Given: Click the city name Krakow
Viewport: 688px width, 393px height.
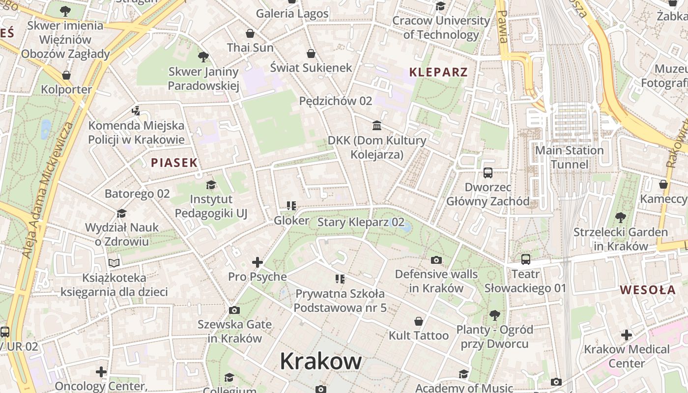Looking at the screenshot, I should pyautogui.click(x=321, y=362).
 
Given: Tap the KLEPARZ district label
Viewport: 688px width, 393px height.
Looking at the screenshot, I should pyautogui.click(x=438, y=72).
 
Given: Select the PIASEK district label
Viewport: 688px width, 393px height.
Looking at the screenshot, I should pyautogui.click(x=174, y=163).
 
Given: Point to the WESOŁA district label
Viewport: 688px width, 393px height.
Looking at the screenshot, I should pyautogui.click(x=648, y=290).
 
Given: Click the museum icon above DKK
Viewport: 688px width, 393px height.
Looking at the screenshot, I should pyautogui.click(x=377, y=125).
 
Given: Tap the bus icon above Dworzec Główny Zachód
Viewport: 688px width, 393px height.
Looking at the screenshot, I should pyautogui.click(x=487, y=172).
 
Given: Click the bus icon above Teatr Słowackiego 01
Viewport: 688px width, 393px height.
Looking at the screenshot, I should pyautogui.click(x=525, y=259).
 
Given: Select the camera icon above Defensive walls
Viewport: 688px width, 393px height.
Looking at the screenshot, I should pyautogui.click(x=436, y=260).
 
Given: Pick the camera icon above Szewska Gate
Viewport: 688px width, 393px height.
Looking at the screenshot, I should pyautogui.click(x=234, y=310).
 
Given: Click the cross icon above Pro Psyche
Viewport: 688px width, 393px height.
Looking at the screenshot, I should pyautogui.click(x=257, y=262).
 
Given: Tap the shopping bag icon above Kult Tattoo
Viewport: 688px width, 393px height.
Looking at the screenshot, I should pyautogui.click(x=419, y=321).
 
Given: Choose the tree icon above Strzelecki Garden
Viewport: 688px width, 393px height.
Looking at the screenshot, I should pyautogui.click(x=621, y=217).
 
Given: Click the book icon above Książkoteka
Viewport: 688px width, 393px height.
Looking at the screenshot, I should pyautogui.click(x=114, y=263).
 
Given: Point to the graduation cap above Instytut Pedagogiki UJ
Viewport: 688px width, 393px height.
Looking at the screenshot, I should pyautogui.click(x=211, y=185).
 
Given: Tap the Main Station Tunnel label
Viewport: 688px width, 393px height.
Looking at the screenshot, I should pyautogui.click(x=569, y=157).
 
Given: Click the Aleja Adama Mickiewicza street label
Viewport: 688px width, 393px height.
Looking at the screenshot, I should pyautogui.click(x=48, y=189).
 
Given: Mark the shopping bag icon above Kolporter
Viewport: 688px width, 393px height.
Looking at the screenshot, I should pyautogui.click(x=66, y=75).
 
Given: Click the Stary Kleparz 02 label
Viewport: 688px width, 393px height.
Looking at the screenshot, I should pyautogui.click(x=361, y=222).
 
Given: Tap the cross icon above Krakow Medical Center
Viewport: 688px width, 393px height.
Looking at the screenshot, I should pyautogui.click(x=626, y=335).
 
